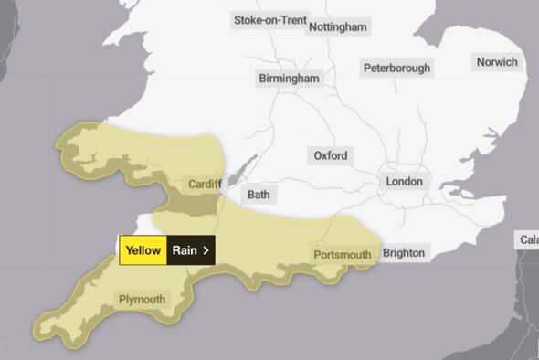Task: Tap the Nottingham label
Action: pos(338,26)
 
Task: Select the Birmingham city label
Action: pos(289,79)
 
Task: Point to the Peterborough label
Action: pos(396,68)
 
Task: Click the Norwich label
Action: pos(497,62)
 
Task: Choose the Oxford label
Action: pos(330,155)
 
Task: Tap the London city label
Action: pos(405,182)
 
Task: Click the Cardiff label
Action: pos(206,185)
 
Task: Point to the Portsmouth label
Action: pos(343,254)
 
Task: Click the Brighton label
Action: pos(404,252)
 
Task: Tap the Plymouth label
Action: pos(142,299)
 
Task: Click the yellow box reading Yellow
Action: pos(143,249)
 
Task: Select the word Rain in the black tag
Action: pos(185,249)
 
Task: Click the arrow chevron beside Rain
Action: pos(206,249)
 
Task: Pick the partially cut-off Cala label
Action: pos(529,240)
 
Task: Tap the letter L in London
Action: pos(390,182)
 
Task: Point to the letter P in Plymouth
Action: pos(122,299)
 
